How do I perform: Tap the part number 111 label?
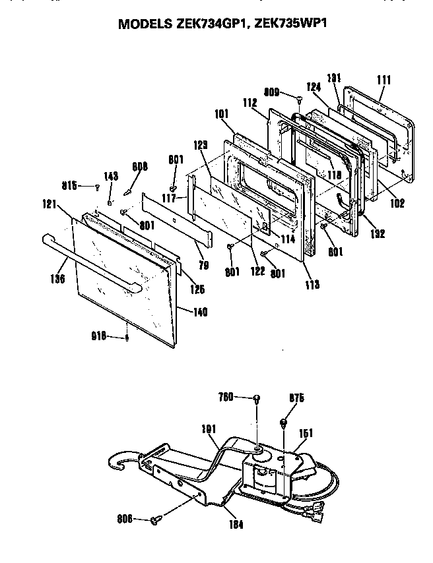click(383, 80)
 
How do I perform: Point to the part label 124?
click(312, 87)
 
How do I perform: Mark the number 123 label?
click(201, 144)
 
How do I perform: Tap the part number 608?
click(139, 167)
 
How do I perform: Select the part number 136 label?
click(58, 279)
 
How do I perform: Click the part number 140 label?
click(199, 312)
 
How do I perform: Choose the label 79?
click(204, 266)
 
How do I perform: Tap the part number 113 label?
click(312, 284)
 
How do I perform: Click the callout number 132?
click(377, 233)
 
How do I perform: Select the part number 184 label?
click(236, 525)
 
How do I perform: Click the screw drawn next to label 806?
click(156, 520)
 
